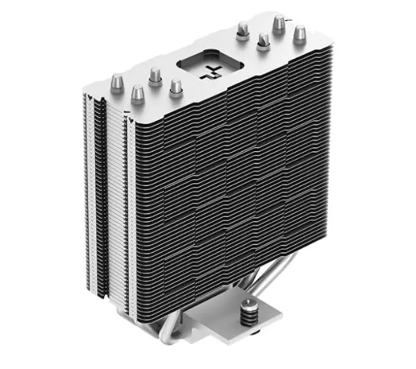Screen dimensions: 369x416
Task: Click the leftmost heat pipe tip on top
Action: [x=118, y=83]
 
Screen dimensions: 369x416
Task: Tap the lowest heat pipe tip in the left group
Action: [x=137, y=92]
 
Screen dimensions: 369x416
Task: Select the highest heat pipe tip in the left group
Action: [x=155, y=74]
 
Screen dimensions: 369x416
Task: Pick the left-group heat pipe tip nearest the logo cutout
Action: [x=175, y=86]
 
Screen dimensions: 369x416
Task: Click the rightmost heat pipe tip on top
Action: [x=300, y=32]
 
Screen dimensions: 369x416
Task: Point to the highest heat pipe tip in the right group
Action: [x=279, y=23]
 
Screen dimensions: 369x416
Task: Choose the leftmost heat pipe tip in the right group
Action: [x=243, y=28]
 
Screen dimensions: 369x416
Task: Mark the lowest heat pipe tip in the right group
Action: [x=263, y=41]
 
